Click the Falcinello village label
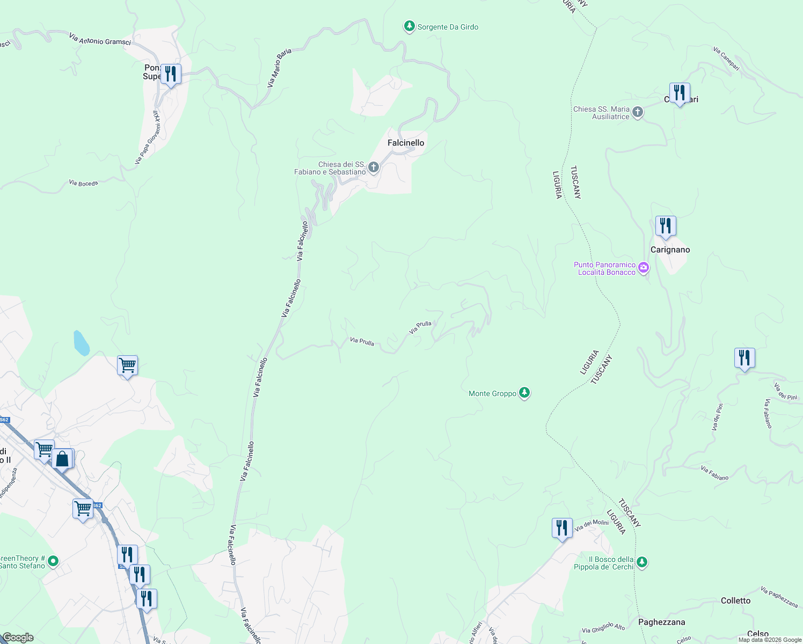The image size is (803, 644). coord(406,143)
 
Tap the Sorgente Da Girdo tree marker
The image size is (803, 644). coord(409,26)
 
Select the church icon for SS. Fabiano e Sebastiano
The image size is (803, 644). coord(374,167)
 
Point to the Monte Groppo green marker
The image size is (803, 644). coord(524,393)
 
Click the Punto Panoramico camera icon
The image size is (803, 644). coord(643,268)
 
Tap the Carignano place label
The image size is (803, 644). coord(670,250)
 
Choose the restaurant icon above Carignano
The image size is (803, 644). coord(665,226)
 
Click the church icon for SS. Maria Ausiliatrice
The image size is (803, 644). coord(637,112)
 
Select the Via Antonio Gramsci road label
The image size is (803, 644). coord(100,39)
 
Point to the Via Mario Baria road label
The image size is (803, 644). coord(279,68)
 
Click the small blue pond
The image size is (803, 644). coord(81,343)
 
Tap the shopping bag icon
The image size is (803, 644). coord(62,459)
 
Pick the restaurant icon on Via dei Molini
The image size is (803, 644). coord(561,528)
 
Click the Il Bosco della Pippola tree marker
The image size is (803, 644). coord(641,562)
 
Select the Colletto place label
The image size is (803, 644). coord(735,601)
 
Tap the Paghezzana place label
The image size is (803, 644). coord(661,622)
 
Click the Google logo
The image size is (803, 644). coord(18,638)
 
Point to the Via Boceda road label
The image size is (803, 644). coord(83,183)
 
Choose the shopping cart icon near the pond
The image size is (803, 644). coord(127,365)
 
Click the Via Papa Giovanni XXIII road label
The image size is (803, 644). coord(148,137)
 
